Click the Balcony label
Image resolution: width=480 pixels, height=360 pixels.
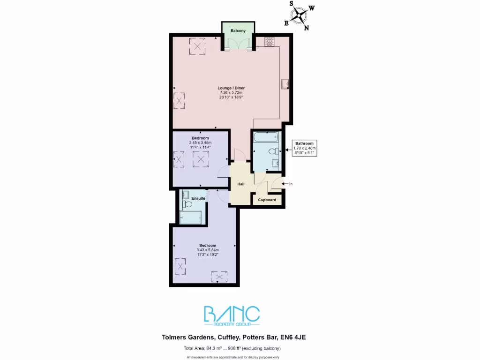point(238,30)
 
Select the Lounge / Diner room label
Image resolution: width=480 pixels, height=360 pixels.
point(231,88)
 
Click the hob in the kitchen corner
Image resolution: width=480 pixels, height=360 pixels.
point(270,41)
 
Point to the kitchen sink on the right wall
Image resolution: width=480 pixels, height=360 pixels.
point(285,84)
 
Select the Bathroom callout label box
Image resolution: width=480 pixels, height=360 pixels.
point(305,148)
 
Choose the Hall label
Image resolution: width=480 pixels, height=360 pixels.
point(241,184)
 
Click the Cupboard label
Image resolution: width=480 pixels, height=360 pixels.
point(267,200)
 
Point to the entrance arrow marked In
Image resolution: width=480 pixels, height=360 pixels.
point(286,184)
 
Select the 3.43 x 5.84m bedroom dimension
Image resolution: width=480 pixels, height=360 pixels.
point(208,250)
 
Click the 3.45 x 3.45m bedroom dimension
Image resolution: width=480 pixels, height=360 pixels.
point(201,142)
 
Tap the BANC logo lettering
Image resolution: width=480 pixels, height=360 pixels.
point(231,314)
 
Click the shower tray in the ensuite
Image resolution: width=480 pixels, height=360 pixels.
point(191,217)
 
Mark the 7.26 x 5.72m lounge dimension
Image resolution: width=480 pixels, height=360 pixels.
point(231,92)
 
